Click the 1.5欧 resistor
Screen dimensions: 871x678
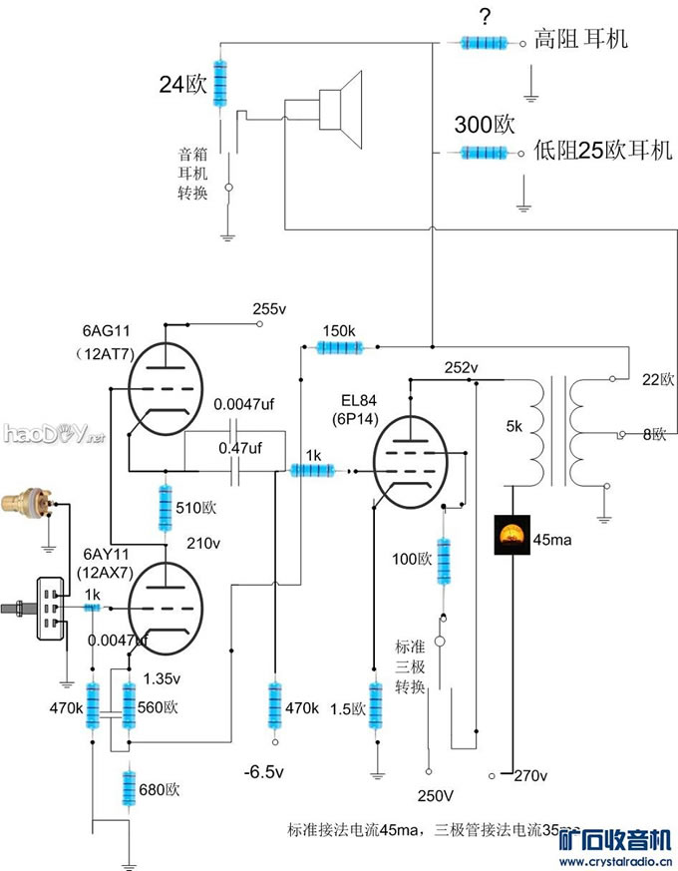coord(376,706)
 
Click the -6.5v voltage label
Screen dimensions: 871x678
coord(264,772)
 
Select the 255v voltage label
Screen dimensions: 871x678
coord(269,310)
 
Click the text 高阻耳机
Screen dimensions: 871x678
coord(579,40)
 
